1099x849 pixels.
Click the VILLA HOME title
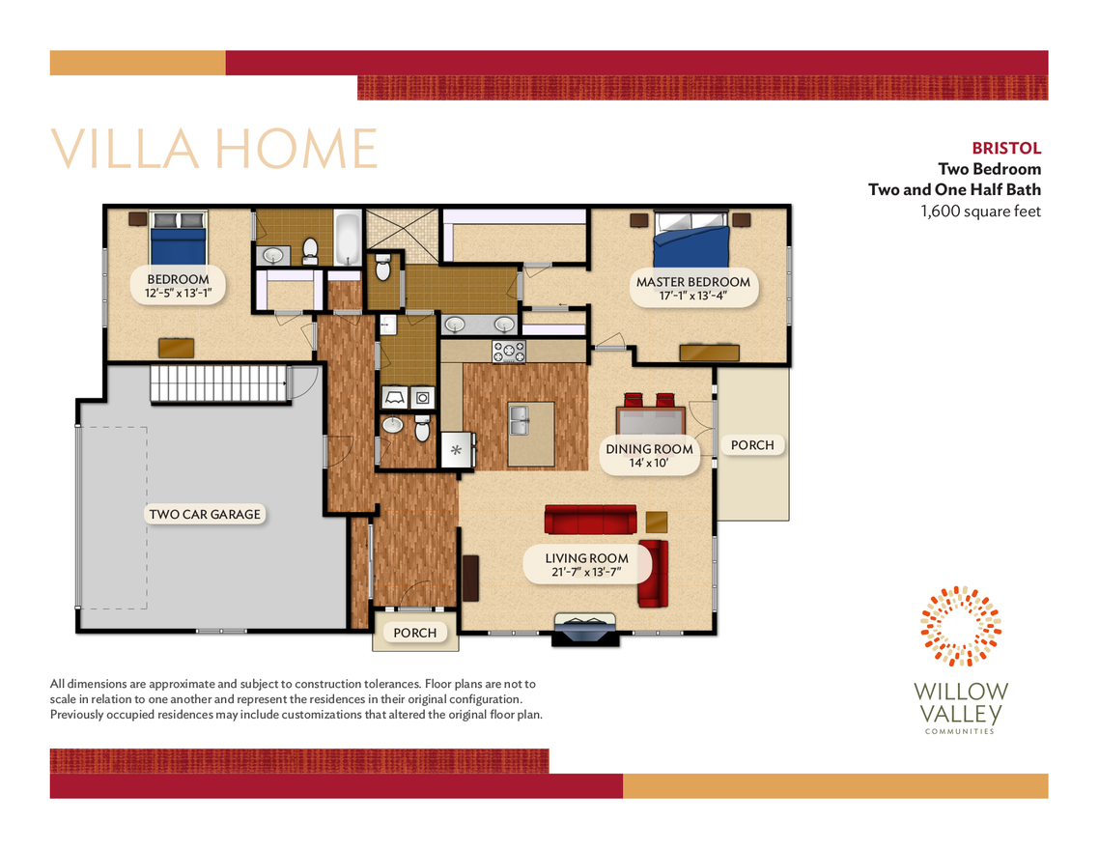[x=213, y=149]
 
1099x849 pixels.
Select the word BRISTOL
[x=1006, y=149]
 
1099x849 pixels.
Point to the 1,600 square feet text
[x=981, y=211]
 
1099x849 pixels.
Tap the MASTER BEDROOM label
[x=692, y=289]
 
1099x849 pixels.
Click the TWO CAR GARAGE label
[x=204, y=515]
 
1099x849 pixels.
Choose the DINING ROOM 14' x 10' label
[x=649, y=456]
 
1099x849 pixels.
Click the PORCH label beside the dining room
[x=752, y=445]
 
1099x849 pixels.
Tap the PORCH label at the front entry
[x=415, y=634]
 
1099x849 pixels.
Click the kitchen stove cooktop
[x=509, y=352]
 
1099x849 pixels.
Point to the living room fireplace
[x=585, y=628]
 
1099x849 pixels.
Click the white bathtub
[x=348, y=239]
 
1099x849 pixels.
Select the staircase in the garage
[x=218, y=384]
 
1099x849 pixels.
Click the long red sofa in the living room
[x=590, y=519]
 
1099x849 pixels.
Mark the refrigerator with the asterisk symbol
[x=456, y=450]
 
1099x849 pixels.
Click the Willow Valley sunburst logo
[x=961, y=626]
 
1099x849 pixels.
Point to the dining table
[x=650, y=423]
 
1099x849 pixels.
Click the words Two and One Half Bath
[x=954, y=189]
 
